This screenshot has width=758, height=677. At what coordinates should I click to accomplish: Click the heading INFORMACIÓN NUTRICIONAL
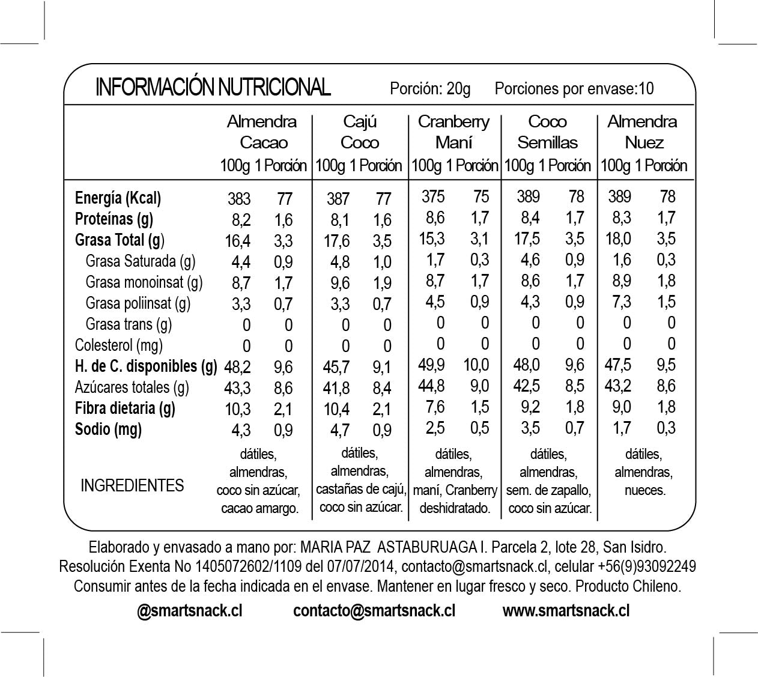tap(213, 87)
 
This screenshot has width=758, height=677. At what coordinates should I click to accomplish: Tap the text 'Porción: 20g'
tap(430, 89)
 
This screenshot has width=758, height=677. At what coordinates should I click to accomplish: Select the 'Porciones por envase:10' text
tap(574, 89)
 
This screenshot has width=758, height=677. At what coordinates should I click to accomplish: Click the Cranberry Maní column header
tap(453, 132)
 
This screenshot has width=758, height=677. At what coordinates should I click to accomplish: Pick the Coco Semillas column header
tap(547, 132)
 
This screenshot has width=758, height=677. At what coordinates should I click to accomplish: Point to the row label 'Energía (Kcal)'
tap(118, 198)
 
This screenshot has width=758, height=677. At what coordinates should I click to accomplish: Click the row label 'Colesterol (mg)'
tap(118, 345)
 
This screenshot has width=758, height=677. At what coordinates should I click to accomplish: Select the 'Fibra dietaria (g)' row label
tap(125, 408)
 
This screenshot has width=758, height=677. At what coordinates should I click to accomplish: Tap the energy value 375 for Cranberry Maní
tap(433, 196)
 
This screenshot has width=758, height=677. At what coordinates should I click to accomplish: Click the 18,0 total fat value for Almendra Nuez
tap(618, 238)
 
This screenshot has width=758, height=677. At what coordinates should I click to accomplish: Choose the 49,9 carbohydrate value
tap(432, 365)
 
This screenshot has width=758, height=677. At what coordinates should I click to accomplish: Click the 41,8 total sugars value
tap(336, 388)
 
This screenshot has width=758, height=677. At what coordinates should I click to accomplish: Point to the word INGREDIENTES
tap(132, 485)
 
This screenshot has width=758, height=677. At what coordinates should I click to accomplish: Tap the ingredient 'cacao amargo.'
tap(259, 509)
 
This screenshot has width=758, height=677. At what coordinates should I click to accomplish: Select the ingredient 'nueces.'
tap(644, 490)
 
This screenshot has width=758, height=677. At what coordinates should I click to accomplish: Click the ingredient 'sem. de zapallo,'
tap(548, 490)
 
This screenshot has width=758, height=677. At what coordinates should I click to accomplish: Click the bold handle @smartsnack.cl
tap(190, 611)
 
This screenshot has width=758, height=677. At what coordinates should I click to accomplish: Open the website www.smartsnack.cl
tap(566, 611)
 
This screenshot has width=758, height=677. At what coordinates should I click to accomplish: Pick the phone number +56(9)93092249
tap(647, 566)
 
